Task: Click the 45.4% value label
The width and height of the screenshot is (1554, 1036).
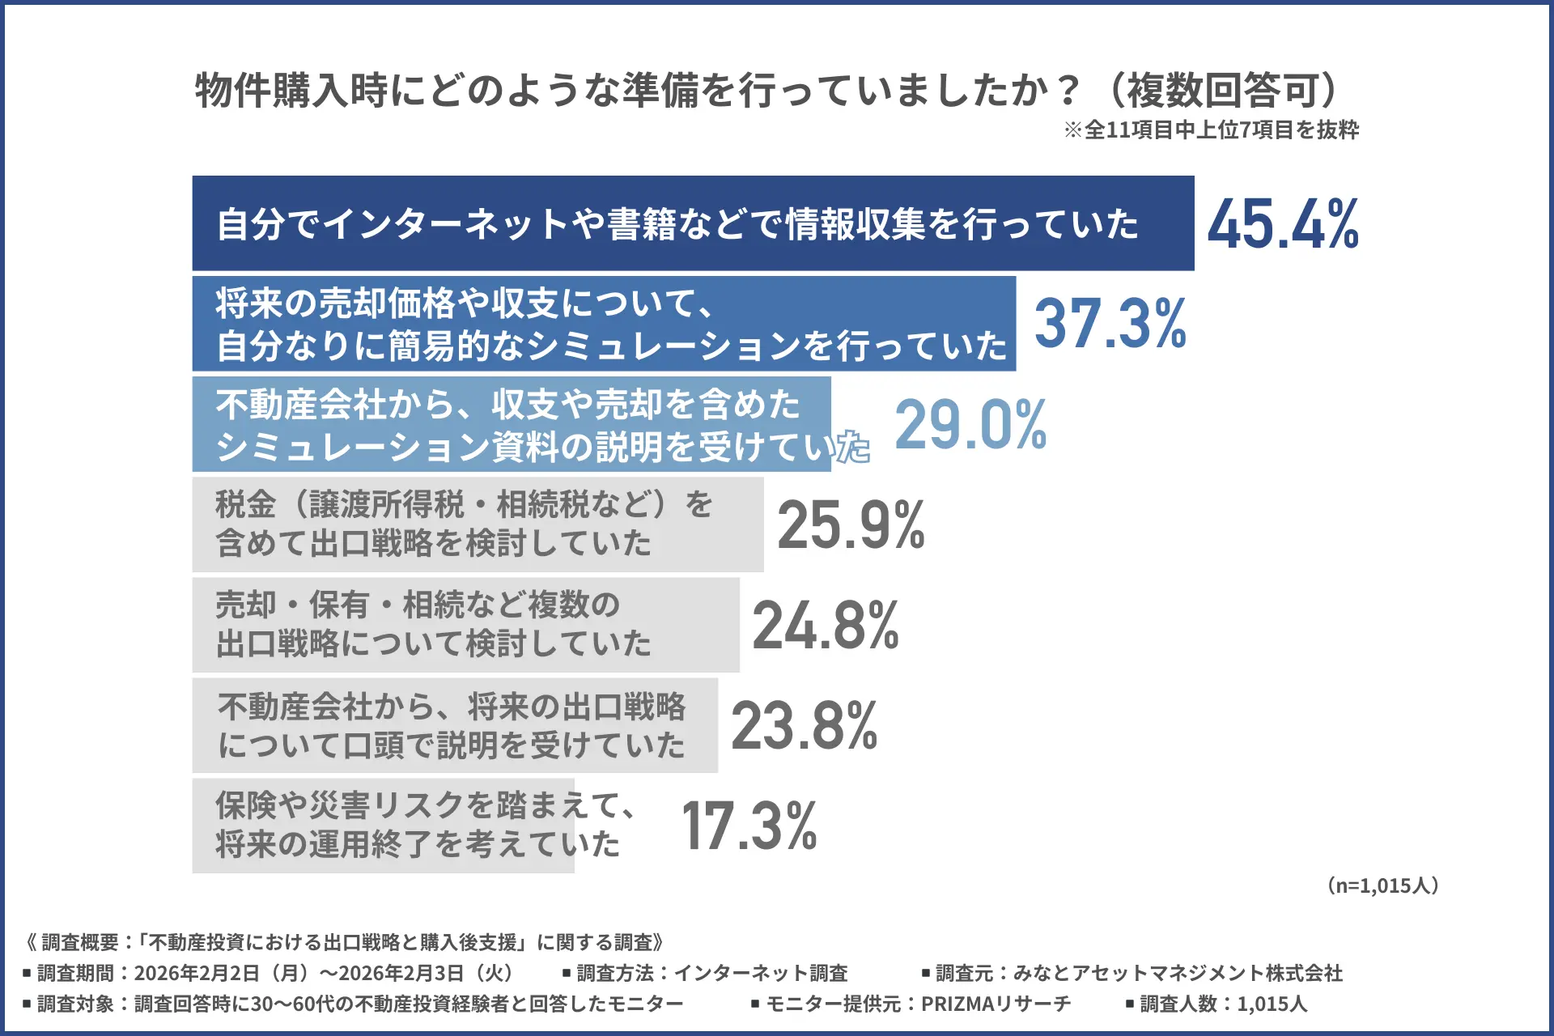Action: click(x=1283, y=223)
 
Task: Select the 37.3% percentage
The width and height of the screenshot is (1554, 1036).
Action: click(x=1110, y=324)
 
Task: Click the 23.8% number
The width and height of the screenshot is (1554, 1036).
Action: click(x=804, y=725)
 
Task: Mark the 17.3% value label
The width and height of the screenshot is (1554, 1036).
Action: click(x=749, y=826)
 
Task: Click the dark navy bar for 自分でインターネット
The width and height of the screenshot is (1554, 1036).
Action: click(x=693, y=223)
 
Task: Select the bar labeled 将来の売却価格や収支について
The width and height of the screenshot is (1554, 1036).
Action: click(x=604, y=324)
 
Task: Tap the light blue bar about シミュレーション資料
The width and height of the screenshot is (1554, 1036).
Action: click(x=512, y=424)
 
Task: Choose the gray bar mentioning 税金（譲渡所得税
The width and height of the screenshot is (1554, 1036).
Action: click(x=478, y=524)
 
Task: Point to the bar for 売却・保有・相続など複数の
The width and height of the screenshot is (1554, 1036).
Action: click(x=465, y=625)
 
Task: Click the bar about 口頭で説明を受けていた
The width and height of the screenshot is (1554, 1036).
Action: click(x=455, y=725)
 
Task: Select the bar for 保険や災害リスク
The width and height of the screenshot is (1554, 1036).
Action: click(x=383, y=826)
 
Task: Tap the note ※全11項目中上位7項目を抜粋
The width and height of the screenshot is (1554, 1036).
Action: click(x=1211, y=130)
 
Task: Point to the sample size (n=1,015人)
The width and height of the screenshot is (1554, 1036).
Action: click(x=1382, y=885)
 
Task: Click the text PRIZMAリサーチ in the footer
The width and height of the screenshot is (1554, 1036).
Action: click(x=996, y=1004)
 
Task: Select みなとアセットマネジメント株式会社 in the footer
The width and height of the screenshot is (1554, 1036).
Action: click(x=1178, y=973)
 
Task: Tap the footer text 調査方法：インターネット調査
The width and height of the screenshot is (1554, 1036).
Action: click(x=711, y=973)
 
